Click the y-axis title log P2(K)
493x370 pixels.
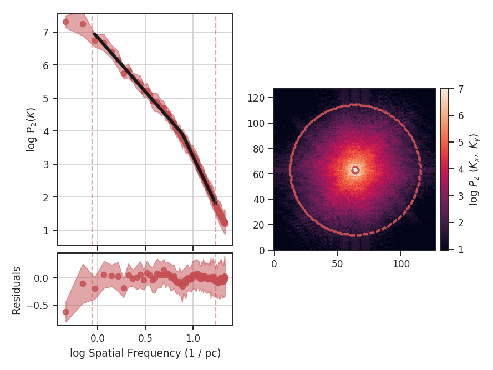coord(31,129)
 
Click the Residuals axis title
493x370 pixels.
coord(17,290)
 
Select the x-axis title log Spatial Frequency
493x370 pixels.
coord(145,353)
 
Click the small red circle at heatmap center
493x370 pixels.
coord(355,170)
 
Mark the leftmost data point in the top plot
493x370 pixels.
coord(65,22)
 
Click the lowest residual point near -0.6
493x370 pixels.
coord(65,312)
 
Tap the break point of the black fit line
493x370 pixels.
coord(182,134)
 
